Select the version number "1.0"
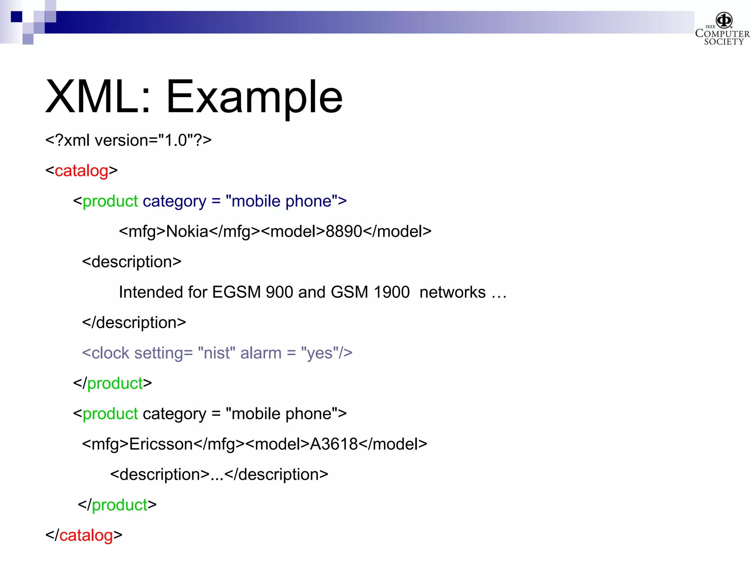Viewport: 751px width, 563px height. [x=176, y=140]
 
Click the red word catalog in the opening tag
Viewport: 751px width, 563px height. [x=81, y=171]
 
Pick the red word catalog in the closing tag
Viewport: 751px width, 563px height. [x=86, y=535]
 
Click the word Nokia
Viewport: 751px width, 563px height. [x=187, y=232]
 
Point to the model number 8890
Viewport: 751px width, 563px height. [x=344, y=232]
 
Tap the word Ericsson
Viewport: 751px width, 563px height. [x=161, y=444]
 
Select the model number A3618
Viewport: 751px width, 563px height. [x=334, y=444]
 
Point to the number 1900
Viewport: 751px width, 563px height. [x=391, y=292]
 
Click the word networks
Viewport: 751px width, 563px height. [x=453, y=292]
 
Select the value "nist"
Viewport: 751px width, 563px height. [x=216, y=353]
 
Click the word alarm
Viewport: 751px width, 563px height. [x=261, y=353]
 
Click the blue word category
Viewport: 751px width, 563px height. [x=175, y=202]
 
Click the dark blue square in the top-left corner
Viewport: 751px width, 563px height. [x=17, y=16]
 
